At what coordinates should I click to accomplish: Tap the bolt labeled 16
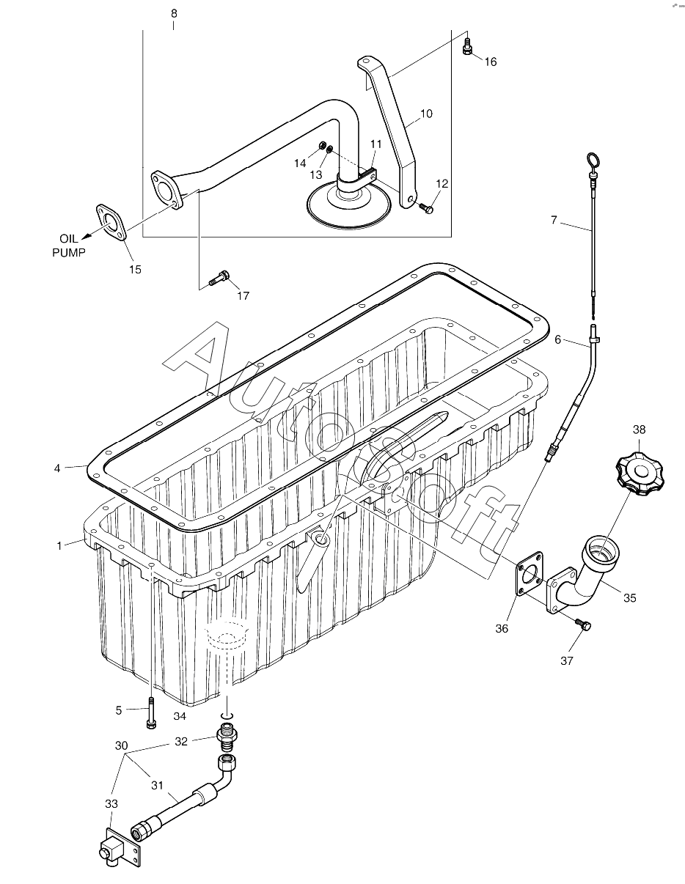point(467,48)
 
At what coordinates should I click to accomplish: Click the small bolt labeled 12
point(426,209)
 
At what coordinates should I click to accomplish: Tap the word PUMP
point(68,253)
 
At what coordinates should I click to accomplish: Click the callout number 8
point(174,13)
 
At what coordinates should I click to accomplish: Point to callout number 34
point(180,715)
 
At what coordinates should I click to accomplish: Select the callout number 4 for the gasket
point(57,468)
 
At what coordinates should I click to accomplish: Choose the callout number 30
point(121,745)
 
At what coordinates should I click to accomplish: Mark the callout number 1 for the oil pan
point(59,545)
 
